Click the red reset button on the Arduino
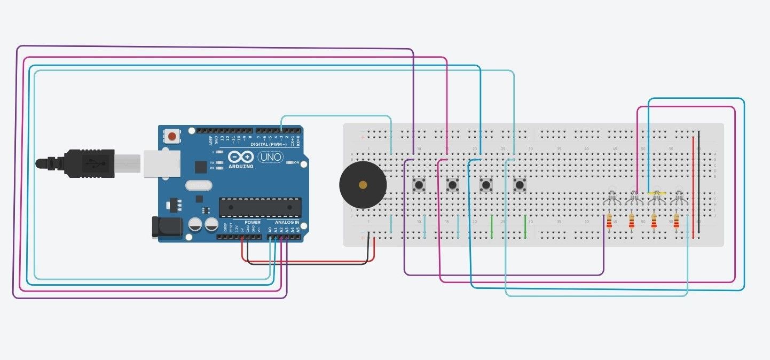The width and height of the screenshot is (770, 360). (x=172, y=137)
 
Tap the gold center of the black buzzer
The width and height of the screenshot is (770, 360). (x=363, y=185)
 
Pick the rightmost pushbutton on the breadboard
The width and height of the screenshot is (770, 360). (x=519, y=185)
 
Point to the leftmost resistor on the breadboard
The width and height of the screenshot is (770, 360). (x=609, y=221)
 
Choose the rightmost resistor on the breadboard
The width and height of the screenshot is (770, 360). (x=677, y=221)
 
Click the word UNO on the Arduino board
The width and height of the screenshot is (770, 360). (x=271, y=158)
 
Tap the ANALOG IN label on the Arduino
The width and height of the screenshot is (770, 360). (x=287, y=222)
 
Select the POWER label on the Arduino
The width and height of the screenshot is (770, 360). (x=253, y=222)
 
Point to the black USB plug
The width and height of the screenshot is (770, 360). (x=85, y=161)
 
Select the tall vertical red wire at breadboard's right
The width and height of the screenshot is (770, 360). (x=693, y=187)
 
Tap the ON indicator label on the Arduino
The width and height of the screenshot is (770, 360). (x=296, y=162)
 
